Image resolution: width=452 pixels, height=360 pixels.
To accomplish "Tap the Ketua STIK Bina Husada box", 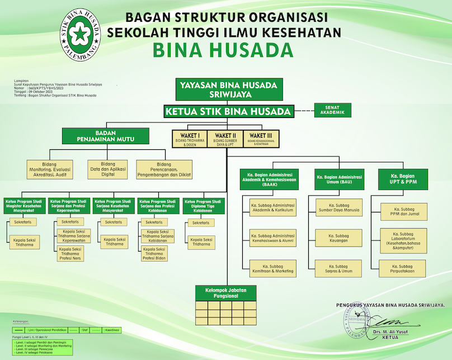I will [x=228, y=111].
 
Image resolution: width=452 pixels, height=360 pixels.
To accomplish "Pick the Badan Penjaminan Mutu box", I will [x=105, y=136].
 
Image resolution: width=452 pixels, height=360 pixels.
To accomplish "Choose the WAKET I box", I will [x=189, y=139].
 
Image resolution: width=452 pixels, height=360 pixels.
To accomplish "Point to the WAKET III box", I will [x=261, y=139].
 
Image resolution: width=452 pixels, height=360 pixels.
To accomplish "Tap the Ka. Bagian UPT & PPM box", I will [x=403, y=179].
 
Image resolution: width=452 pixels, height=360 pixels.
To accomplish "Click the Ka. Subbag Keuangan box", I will [x=338, y=237].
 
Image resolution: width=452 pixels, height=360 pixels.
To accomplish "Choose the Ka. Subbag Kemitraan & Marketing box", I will [x=272, y=268].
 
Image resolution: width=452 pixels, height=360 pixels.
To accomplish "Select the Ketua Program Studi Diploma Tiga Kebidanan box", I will [x=203, y=205].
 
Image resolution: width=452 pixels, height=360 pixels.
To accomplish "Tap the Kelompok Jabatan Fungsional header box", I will [x=226, y=292].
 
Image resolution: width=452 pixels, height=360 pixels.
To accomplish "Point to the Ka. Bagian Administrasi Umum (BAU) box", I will [x=339, y=179].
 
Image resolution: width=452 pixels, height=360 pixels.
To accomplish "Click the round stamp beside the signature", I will [x=356, y=323].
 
